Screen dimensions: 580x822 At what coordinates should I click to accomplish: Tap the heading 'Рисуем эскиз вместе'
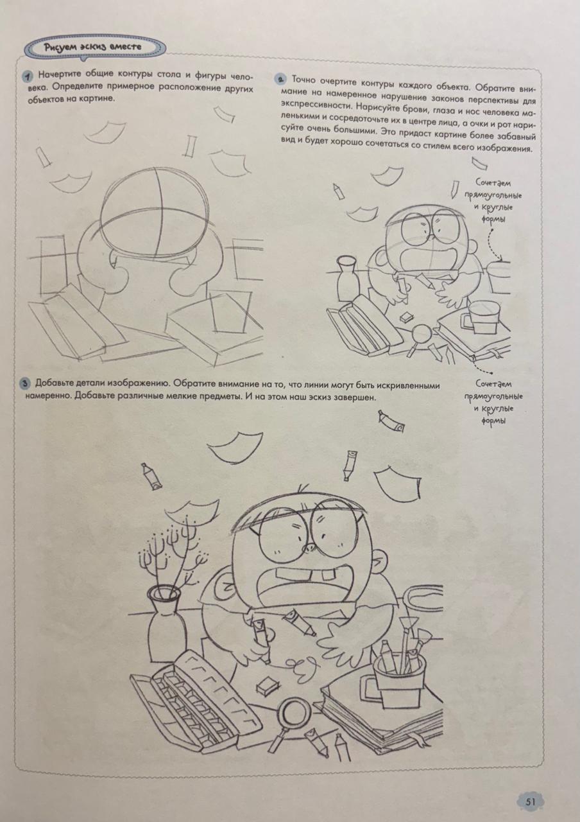click(x=93, y=48)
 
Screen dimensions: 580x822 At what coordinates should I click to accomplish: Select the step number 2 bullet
click(x=280, y=78)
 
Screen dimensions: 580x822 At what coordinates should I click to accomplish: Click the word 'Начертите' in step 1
click(x=60, y=74)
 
